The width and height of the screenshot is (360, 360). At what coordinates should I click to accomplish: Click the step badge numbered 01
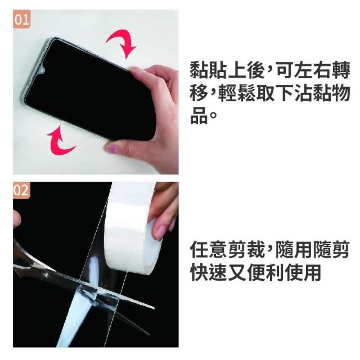[x=21, y=19]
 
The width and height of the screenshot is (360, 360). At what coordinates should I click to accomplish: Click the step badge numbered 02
[x=21, y=190]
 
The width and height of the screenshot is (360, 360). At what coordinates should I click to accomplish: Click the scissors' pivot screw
[x=47, y=275]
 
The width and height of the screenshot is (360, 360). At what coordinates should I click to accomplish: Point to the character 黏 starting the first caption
[x=199, y=70]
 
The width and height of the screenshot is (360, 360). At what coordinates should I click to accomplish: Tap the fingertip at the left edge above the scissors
[x=16, y=219]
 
